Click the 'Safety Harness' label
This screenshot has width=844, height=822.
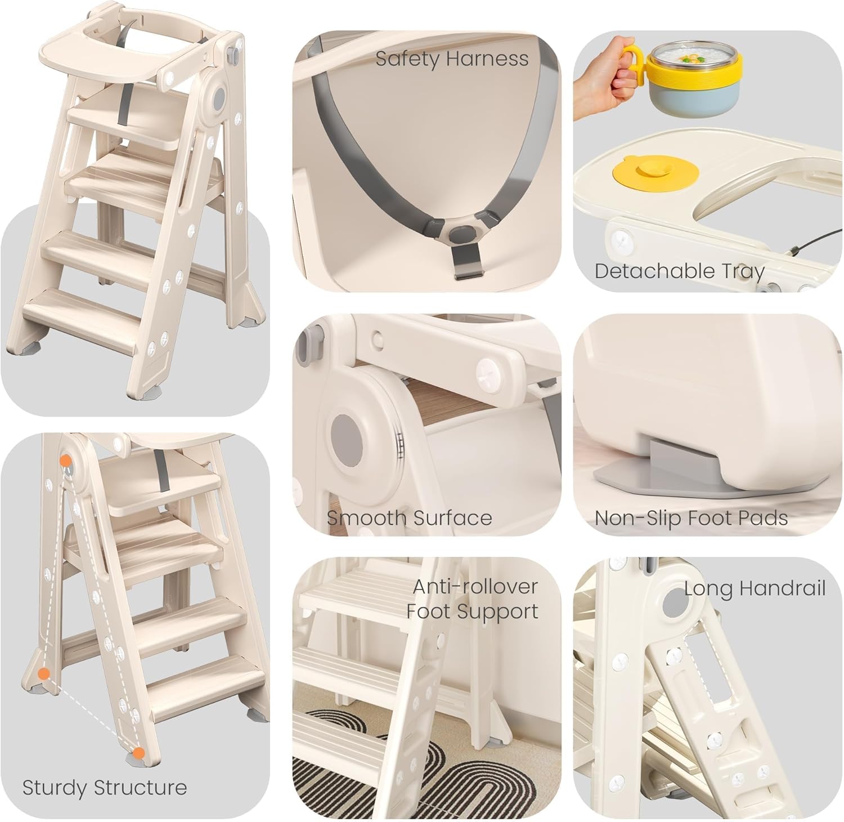coord(452,59)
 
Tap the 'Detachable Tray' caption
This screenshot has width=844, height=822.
coord(680,271)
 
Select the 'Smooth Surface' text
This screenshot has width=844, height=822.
coord(409,518)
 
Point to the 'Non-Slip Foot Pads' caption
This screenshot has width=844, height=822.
coord(691,518)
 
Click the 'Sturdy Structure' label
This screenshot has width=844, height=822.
coord(105,787)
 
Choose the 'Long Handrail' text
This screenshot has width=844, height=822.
coord(755,589)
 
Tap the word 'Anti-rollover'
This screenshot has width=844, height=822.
coord(475,587)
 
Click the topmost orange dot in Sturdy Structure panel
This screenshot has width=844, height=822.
coord(66,460)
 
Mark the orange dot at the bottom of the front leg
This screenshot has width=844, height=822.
coord(139,752)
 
